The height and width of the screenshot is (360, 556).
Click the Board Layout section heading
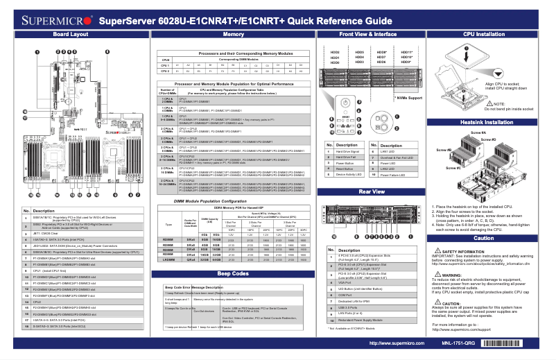(x=70, y=34)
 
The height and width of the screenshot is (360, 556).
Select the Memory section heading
(x=234, y=34)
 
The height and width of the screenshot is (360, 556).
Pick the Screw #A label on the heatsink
(x=479, y=132)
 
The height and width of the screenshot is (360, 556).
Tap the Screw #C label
(x=453, y=167)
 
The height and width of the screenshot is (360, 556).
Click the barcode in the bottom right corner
(x=513, y=343)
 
